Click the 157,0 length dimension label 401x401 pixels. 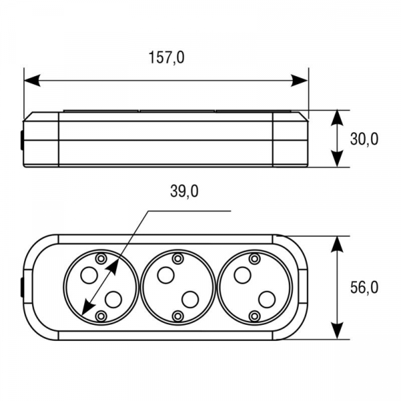(166, 57)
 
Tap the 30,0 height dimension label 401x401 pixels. (364, 140)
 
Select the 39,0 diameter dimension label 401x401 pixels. (184, 191)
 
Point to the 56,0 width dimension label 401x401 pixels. (364, 287)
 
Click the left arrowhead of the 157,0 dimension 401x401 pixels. (32, 81)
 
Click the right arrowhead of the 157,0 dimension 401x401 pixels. (299, 81)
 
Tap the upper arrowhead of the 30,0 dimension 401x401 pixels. (337, 118)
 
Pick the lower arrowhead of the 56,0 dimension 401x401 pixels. (337, 330)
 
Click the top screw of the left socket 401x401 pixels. (102, 259)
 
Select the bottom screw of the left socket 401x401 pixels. (102, 316)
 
